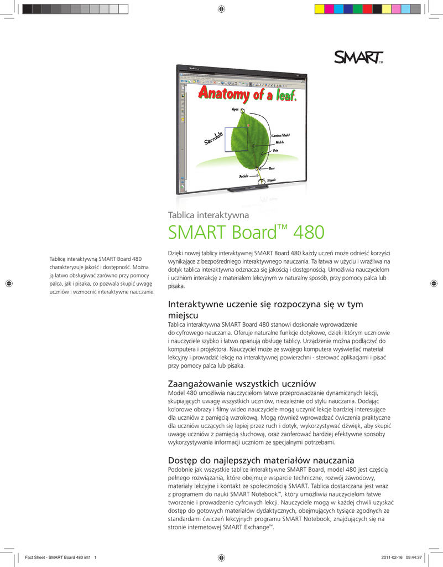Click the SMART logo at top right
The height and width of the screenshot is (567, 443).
[x=359, y=58]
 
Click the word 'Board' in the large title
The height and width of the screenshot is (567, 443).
[x=246, y=233]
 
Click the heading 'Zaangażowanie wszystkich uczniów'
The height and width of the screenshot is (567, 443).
[x=241, y=383]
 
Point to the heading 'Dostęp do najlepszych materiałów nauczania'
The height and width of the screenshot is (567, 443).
[x=260, y=460]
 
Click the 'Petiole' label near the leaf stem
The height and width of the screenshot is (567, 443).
[x=244, y=176]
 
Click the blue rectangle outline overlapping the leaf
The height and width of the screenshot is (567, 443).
[x=236, y=139]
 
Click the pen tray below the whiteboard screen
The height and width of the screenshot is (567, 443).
[x=243, y=189]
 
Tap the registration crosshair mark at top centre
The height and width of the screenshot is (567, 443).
[x=221, y=8]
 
